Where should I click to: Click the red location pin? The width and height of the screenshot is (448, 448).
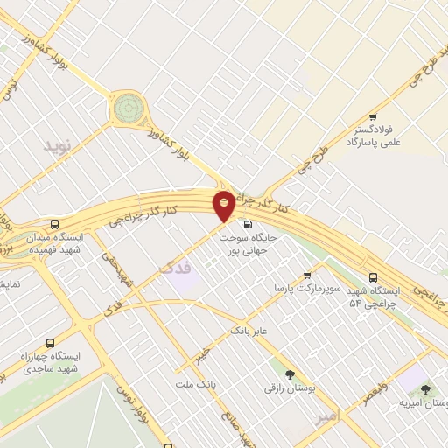pyautogui.click(x=225, y=205)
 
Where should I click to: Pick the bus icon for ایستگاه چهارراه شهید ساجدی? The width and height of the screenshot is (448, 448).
pyautogui.click(x=49, y=344)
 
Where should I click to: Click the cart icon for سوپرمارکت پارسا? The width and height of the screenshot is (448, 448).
pyautogui.click(x=306, y=275)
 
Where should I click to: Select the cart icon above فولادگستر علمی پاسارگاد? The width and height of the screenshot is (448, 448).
pyautogui.click(x=374, y=117)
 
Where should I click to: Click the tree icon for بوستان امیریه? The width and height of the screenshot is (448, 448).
pyautogui.click(x=425, y=389)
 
